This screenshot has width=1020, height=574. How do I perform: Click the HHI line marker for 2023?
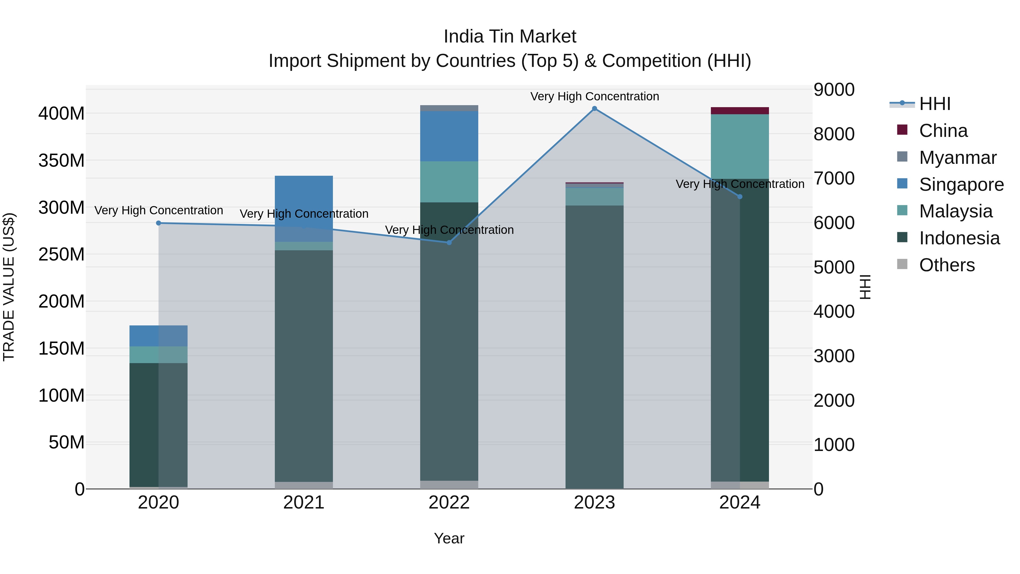(x=594, y=109)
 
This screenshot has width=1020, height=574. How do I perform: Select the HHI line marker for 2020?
(x=158, y=223)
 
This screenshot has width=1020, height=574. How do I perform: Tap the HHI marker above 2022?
(x=449, y=242)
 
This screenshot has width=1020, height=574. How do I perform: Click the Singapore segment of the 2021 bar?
(x=304, y=198)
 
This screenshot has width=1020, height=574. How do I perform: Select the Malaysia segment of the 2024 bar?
(x=740, y=146)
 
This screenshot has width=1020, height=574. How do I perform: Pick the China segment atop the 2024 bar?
(x=740, y=111)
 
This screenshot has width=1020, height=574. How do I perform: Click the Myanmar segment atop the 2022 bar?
(x=449, y=108)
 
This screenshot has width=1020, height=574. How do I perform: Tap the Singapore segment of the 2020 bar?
(x=158, y=336)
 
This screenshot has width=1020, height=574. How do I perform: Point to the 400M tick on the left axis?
(x=61, y=114)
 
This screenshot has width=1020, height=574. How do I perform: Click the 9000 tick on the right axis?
(x=834, y=90)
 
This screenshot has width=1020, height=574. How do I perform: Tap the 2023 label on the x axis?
(x=594, y=503)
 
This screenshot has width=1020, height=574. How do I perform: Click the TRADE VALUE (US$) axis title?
(x=9, y=287)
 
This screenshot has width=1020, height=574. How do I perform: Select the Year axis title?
(x=449, y=538)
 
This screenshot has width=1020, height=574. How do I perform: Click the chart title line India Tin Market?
(x=510, y=37)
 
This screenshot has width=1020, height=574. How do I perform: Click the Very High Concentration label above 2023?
(x=594, y=96)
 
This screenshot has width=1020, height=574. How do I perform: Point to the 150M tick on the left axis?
(x=61, y=349)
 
